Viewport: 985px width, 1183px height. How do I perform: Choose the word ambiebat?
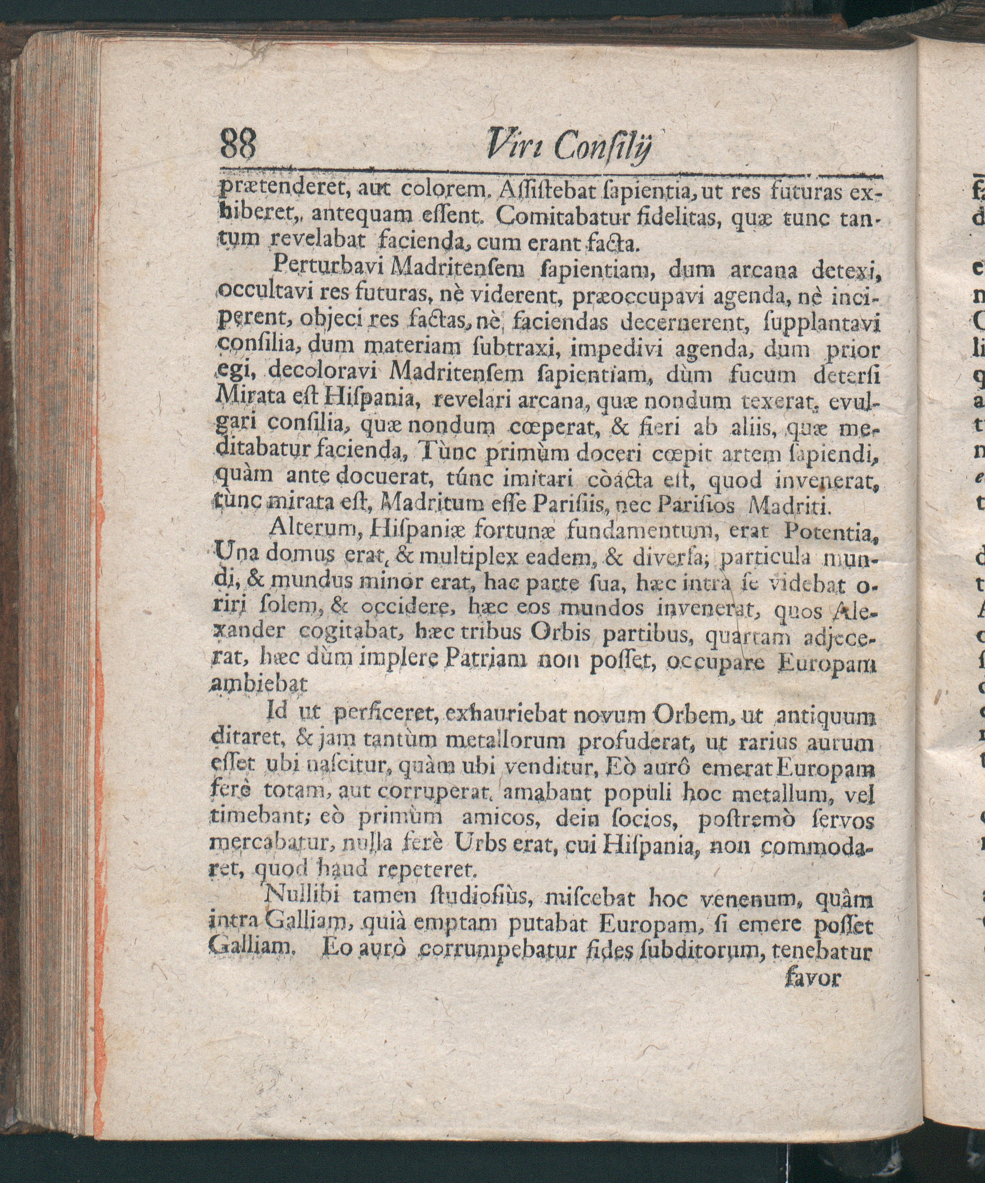coord(259,685)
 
